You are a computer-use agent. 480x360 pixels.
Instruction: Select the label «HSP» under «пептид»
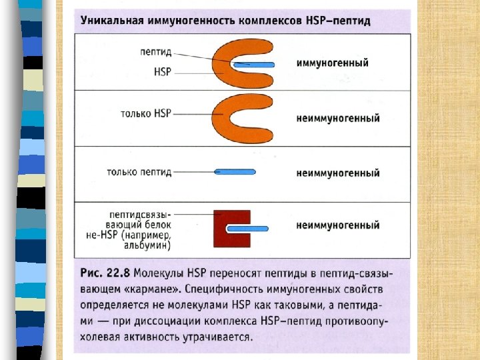click(x=163, y=69)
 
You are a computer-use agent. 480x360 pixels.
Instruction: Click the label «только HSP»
click(x=146, y=114)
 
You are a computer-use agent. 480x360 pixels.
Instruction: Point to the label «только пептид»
click(x=139, y=172)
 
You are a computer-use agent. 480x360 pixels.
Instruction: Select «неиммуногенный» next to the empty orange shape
click(x=337, y=118)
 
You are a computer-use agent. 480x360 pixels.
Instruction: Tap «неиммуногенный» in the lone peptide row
click(x=337, y=173)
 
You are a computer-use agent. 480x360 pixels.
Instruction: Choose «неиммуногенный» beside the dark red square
click(x=337, y=225)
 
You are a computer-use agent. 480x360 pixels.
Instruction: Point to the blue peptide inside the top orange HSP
click(x=254, y=65)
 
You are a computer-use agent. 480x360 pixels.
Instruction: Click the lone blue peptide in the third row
click(x=235, y=172)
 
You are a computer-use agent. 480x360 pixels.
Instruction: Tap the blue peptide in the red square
click(x=247, y=228)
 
